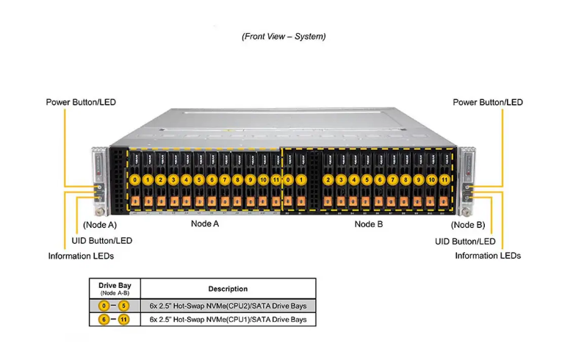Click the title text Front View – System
284,36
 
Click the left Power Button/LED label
81,102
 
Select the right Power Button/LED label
488,102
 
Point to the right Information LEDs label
488,256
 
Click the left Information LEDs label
81,256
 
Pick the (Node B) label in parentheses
468,225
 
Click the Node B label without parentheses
369,223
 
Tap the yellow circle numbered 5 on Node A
199,179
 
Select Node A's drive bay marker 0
135,179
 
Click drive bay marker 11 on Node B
444,179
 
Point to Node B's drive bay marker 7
393,179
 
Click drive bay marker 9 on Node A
251,179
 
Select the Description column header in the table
228,289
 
